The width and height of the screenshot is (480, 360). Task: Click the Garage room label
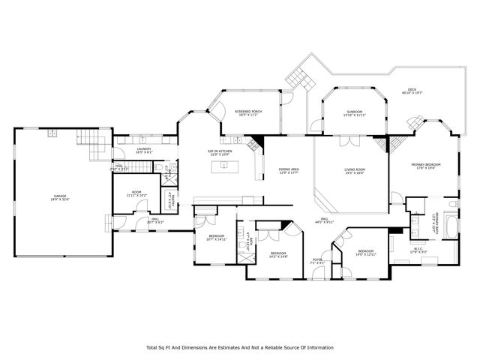(x=60, y=198)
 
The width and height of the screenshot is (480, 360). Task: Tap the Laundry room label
(x=144, y=150)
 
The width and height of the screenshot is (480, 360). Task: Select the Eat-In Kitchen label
(x=220, y=152)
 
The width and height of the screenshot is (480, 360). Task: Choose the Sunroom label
(x=353, y=113)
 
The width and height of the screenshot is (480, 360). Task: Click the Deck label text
(x=412, y=91)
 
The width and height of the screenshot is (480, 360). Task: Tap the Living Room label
(x=355, y=171)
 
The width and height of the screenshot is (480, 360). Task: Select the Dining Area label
(x=289, y=171)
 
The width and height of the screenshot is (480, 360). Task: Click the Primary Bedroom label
(x=425, y=166)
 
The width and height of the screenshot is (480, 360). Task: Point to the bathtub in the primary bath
(x=451, y=225)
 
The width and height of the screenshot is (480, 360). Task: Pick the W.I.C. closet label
(x=419, y=250)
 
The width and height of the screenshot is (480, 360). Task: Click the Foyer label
(x=318, y=260)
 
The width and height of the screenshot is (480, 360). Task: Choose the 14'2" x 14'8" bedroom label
(x=278, y=254)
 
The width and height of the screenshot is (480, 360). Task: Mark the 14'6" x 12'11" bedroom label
(x=365, y=252)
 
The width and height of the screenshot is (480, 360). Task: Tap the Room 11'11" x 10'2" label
(x=136, y=193)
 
